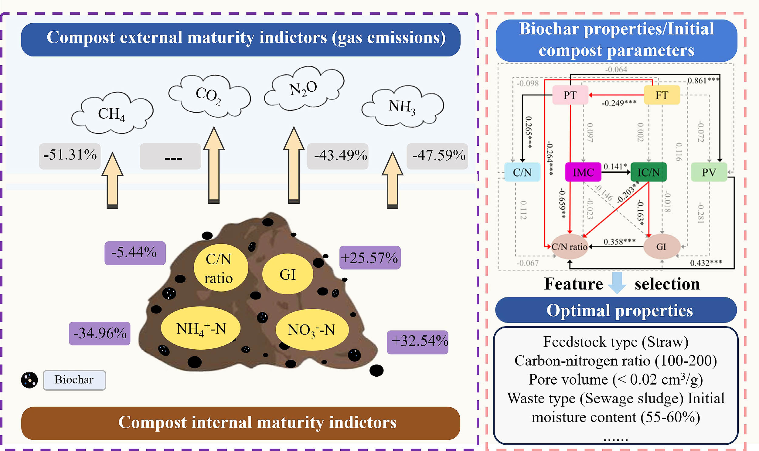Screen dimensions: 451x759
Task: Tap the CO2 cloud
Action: (209, 95)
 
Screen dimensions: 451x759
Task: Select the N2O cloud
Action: (304, 88)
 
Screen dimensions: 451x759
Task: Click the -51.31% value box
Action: (70, 156)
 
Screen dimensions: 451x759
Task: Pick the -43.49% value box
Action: (338, 156)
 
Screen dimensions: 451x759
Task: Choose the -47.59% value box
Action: (437, 156)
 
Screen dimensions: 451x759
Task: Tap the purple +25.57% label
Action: (369, 258)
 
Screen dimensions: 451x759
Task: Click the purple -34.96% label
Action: (100, 333)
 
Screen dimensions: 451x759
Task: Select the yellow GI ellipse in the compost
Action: (288, 274)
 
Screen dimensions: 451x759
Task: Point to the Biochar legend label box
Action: (74, 380)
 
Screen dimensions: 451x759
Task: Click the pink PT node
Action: (570, 95)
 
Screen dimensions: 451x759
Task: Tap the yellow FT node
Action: (662, 95)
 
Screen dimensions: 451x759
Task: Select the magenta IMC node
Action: (583, 172)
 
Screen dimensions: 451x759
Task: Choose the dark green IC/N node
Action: (648, 172)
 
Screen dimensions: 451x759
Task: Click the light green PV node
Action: (709, 172)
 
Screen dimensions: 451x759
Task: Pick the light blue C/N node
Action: (522, 172)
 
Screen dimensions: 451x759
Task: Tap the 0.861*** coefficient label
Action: (703, 80)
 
